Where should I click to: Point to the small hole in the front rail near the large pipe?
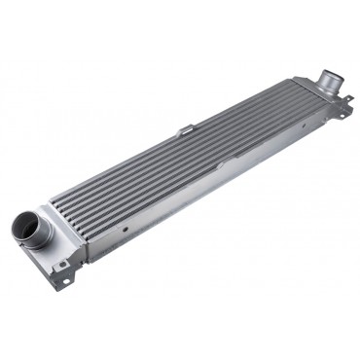[x=125, y=230]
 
